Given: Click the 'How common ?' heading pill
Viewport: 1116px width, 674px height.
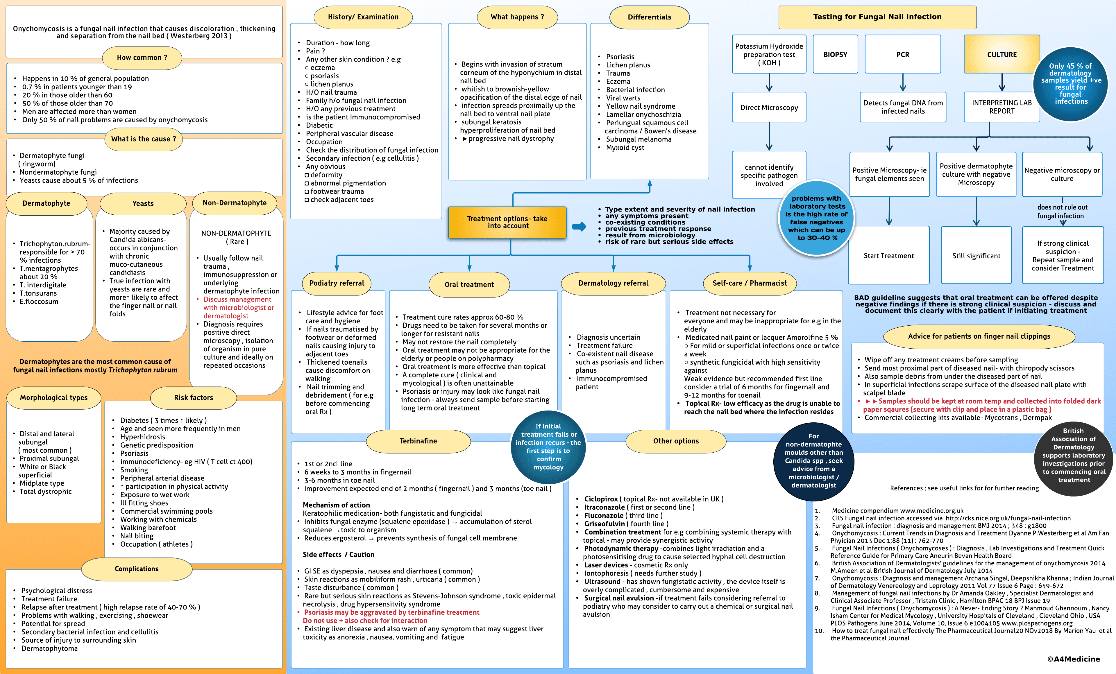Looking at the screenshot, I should coord(142,58).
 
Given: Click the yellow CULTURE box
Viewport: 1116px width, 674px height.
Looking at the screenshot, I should coord(1001,54).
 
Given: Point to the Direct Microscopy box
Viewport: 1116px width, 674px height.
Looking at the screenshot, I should coord(769,107).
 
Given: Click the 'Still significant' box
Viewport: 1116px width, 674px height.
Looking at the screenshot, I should coord(976,255).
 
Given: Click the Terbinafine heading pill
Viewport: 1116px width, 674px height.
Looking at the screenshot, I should coord(418,441).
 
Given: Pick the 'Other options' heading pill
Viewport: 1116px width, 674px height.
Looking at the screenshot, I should coord(675,441).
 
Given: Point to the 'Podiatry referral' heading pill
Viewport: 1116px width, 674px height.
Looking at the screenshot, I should coord(337,283).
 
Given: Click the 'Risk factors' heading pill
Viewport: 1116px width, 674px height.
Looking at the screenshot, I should coord(193,397).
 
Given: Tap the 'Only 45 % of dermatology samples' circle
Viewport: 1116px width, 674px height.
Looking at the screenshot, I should coord(1070,84).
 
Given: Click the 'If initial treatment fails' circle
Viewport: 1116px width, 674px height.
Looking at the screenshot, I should coord(548,447).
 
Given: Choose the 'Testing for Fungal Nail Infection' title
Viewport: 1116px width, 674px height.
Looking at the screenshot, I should coord(877,17).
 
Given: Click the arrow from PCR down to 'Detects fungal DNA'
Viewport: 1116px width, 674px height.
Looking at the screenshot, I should coord(903,83).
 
